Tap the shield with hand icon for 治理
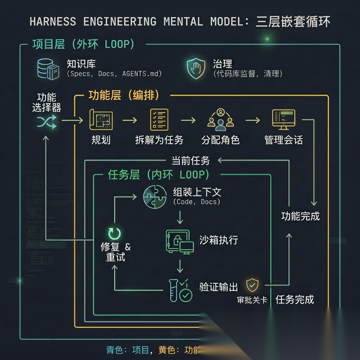[x=196, y=68]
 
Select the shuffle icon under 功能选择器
[x=46, y=122]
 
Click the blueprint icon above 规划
[x=101, y=120]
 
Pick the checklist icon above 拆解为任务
[x=159, y=120]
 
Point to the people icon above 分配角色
[x=220, y=120]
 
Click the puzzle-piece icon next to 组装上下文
[x=155, y=196]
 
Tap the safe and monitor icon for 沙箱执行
[x=179, y=242]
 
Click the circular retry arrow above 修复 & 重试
[x=115, y=233]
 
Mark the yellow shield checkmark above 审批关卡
[x=252, y=285]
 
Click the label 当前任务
[x=191, y=161]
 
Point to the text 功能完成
[x=300, y=216]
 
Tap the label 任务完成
[x=295, y=300]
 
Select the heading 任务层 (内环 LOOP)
[x=158, y=175]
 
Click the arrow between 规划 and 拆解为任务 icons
[x=130, y=120]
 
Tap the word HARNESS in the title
[x=53, y=22]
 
